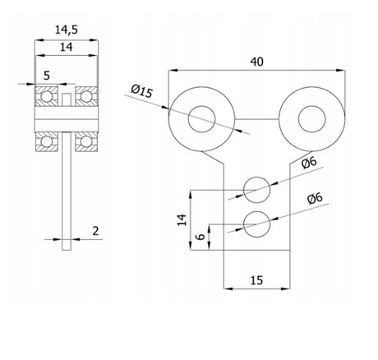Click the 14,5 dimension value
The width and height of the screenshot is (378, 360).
pos(67,30)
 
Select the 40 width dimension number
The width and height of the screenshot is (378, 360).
pos(256,62)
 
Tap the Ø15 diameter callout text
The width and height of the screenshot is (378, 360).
pos(141,91)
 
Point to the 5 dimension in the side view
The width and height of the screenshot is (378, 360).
pos(47,76)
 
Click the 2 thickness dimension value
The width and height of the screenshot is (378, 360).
pos(95,231)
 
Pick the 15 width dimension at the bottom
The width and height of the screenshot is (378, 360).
pos(256,280)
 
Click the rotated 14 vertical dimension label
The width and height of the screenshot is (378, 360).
pos(182,220)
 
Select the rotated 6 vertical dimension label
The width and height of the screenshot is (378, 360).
pos(201,236)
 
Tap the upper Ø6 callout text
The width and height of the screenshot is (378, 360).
pos(309,163)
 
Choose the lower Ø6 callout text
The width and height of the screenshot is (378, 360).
pos(315,198)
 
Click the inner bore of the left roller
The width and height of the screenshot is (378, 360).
pos(202,119)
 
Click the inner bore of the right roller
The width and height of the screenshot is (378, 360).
pos(312,119)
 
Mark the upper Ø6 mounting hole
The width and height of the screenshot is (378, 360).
pos(256,190)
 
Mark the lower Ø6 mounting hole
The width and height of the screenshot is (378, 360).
pos(256,224)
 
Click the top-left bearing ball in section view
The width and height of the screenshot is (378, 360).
pos(47,96)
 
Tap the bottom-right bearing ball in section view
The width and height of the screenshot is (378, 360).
pos(86,141)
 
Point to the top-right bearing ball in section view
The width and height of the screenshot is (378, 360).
pos(86,96)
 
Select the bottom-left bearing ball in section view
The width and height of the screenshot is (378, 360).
pos(47,141)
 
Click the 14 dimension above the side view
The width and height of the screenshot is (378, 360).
pos(67,47)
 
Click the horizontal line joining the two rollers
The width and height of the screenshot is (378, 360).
pos(256,119)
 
